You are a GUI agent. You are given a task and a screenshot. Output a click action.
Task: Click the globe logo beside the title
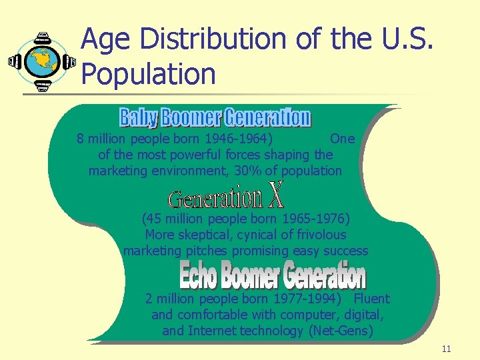pos(42,61)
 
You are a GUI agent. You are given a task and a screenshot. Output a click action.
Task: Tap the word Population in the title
pos(148,74)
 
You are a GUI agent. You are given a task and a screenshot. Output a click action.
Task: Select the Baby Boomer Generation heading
pos(215,118)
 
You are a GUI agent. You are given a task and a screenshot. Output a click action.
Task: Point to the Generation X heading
pos(226,198)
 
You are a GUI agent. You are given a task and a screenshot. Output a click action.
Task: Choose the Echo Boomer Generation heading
pos(272,275)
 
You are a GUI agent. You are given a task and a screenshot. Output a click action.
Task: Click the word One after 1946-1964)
pos(343,139)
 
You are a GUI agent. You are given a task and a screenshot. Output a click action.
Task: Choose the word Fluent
pos(371,299)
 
